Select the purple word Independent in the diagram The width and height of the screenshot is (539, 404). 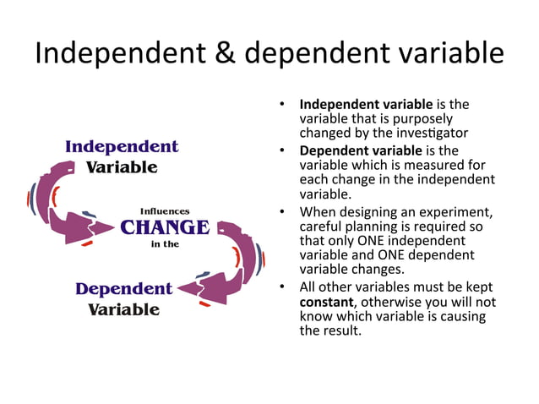122,146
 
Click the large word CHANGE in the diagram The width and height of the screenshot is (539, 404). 164,227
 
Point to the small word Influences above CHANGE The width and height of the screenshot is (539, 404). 165,210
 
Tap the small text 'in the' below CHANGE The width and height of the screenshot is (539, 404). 165,245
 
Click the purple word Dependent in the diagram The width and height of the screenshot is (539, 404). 123,289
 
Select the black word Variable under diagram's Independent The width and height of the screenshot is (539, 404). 122,167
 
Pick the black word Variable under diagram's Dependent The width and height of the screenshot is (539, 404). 123,309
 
